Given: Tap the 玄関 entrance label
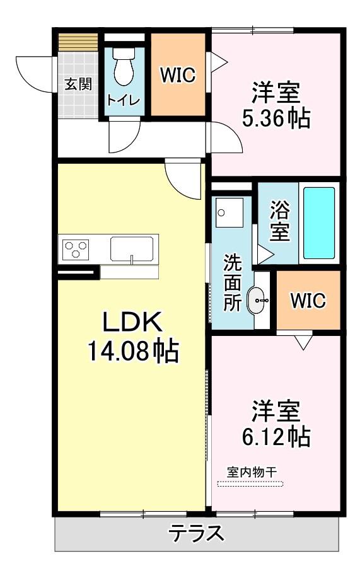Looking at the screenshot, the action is tap(78, 84).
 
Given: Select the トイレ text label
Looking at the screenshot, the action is tap(123, 100).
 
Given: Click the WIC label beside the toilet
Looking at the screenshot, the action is tap(178, 75).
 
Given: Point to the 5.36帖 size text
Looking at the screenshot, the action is tap(276, 118).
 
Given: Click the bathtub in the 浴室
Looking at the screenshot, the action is tap(319, 223).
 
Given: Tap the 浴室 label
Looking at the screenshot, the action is tap(279, 221).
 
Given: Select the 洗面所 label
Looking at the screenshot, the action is tap(233, 282).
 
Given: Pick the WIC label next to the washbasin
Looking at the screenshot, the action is tap(308, 300).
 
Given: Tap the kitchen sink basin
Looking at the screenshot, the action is tap(132, 249).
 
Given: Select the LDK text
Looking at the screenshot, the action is tap(132, 322).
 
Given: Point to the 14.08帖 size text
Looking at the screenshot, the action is tap(133, 350).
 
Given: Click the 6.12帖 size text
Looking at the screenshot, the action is tap(276, 437).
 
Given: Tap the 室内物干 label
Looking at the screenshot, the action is tap(252, 472).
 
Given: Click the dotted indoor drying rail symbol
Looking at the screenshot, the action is tap(250, 483).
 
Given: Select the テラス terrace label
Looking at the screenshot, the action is tap(197, 533).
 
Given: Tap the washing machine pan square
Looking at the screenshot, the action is tap(229, 212).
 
